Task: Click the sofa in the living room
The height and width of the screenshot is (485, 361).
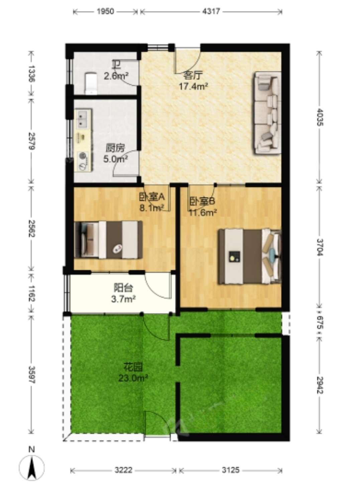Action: (267, 113)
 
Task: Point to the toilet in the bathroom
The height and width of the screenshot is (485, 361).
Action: (91, 84)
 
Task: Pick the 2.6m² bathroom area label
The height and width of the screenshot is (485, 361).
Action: (116, 76)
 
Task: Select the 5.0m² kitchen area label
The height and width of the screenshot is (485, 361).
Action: (115, 159)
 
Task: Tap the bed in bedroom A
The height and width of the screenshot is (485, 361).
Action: (108, 240)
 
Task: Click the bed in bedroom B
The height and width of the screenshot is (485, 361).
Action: (249, 256)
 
